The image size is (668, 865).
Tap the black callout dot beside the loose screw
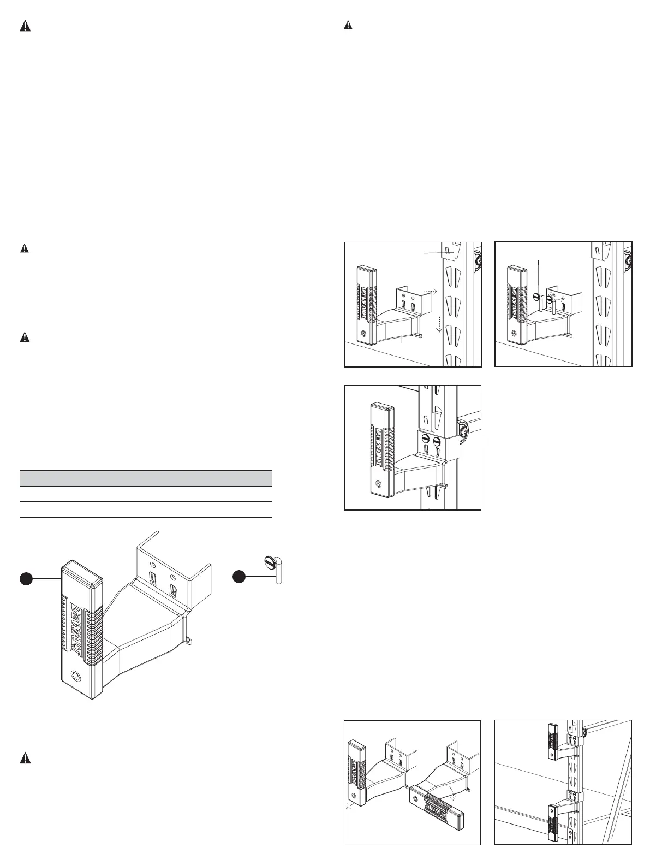pos(238,577)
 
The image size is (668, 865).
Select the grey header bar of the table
pos(146,478)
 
